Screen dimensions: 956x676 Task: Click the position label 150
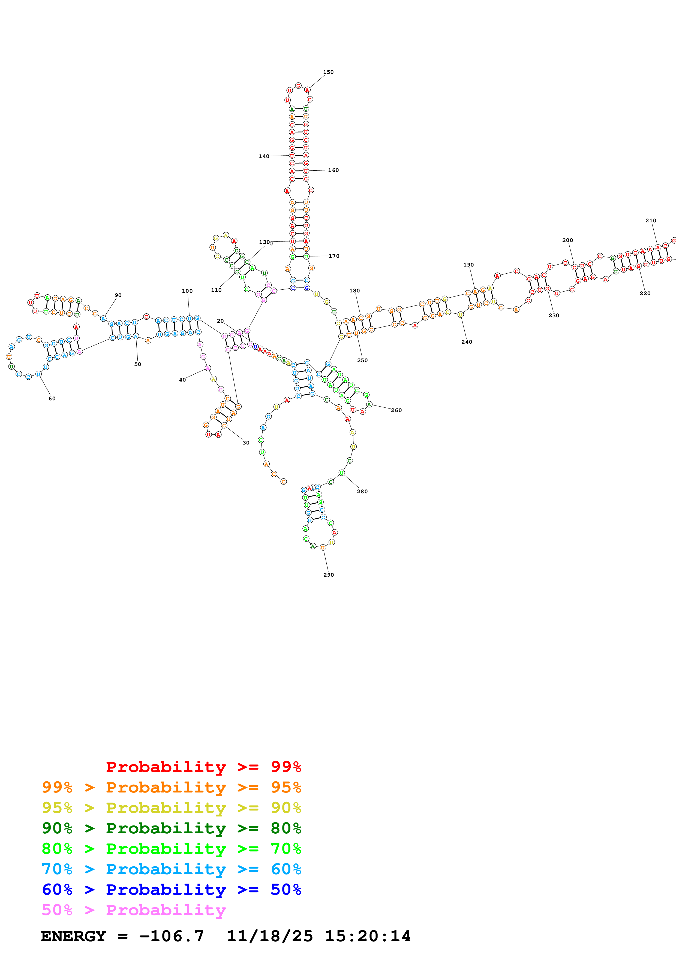point(328,72)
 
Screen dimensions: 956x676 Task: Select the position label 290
point(328,574)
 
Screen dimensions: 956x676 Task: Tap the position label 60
point(52,398)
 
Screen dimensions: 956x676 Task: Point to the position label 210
point(651,221)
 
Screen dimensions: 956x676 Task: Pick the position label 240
point(467,342)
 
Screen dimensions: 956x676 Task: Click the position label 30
point(246,443)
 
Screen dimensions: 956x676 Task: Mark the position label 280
point(362,491)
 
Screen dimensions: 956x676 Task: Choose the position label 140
point(264,156)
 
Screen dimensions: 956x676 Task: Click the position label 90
point(118,295)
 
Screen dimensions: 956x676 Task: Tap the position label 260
point(396,410)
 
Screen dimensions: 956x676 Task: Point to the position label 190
point(468,265)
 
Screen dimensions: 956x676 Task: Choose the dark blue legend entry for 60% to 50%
point(171,890)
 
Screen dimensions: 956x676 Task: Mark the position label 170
point(334,256)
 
